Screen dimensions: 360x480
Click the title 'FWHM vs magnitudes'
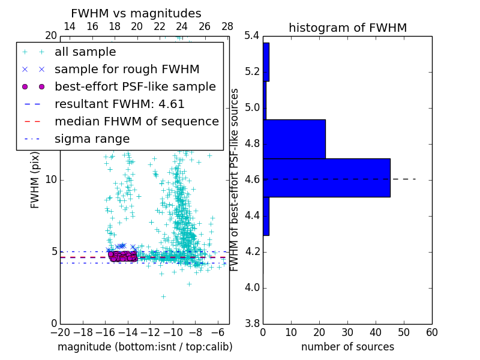136,13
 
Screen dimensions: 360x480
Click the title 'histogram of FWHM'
347,28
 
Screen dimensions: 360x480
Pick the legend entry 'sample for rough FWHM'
127,70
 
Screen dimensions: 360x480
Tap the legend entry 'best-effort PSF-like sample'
135,87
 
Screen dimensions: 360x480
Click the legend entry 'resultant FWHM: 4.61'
119,104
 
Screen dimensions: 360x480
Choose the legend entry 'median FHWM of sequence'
136,122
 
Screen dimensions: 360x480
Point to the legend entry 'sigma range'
92,139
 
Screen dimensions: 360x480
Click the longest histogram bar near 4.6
326,178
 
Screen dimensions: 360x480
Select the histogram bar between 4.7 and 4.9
294,139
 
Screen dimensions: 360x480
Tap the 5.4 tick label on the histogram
253,36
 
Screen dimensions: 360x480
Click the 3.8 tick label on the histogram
253,323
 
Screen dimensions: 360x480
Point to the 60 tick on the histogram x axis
431,332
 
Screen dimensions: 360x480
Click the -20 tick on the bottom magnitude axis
60,332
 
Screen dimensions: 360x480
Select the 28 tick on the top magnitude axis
227,26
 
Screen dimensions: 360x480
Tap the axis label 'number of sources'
347,347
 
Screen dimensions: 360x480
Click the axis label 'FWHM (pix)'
35,179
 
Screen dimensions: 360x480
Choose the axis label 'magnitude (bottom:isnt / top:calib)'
145,347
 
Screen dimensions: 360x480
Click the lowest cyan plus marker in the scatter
163,296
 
